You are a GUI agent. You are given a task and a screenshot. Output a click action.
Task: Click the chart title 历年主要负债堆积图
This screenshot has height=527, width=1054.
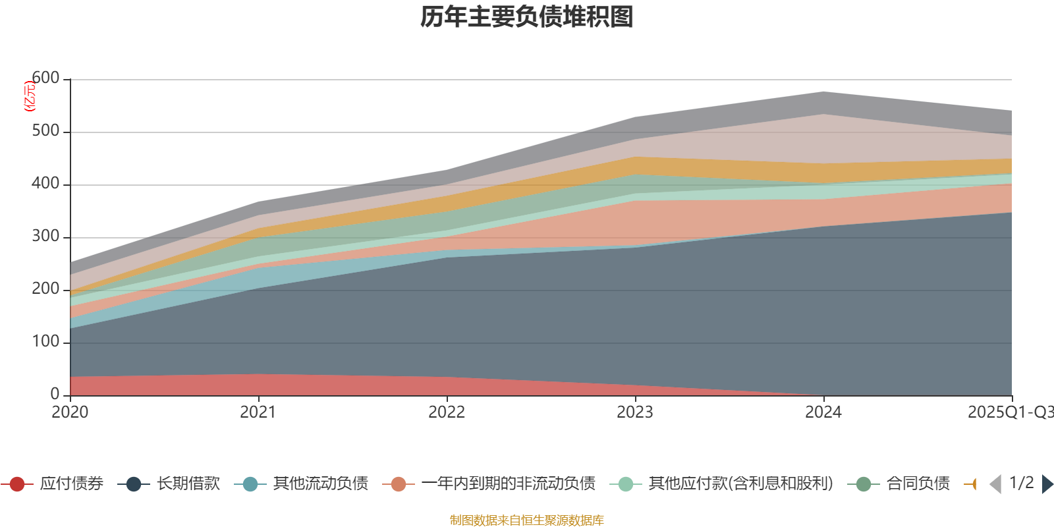point(527,17)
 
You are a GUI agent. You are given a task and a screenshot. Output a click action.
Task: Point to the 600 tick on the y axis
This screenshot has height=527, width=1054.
point(46,78)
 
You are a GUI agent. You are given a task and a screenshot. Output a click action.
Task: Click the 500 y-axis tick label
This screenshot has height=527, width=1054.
point(45,131)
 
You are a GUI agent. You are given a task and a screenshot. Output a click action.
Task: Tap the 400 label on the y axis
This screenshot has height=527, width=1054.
point(45,184)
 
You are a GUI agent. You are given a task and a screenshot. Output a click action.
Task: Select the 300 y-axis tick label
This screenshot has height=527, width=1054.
point(45,236)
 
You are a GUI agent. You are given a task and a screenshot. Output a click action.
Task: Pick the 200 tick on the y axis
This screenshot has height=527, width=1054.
point(45,289)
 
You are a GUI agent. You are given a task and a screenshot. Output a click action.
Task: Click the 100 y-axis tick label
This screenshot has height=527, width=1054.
point(45,342)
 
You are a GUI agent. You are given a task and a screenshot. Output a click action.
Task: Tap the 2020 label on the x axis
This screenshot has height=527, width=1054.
point(70,412)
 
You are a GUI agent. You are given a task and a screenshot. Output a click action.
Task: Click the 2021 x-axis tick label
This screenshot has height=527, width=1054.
point(258,412)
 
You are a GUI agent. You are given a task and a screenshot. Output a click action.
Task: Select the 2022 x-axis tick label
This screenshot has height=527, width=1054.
point(447,412)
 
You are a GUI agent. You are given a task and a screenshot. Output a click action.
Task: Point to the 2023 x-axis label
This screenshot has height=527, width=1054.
point(635,412)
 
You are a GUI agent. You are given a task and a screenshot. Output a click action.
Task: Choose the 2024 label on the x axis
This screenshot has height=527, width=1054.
point(823,412)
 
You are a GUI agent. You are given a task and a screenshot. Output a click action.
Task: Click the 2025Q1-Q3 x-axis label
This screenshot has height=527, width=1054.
point(1009,412)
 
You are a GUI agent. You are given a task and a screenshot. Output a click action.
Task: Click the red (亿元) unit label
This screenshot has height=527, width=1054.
point(29,96)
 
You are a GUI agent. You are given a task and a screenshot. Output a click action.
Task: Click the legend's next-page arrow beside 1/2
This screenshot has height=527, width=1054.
point(1047,484)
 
